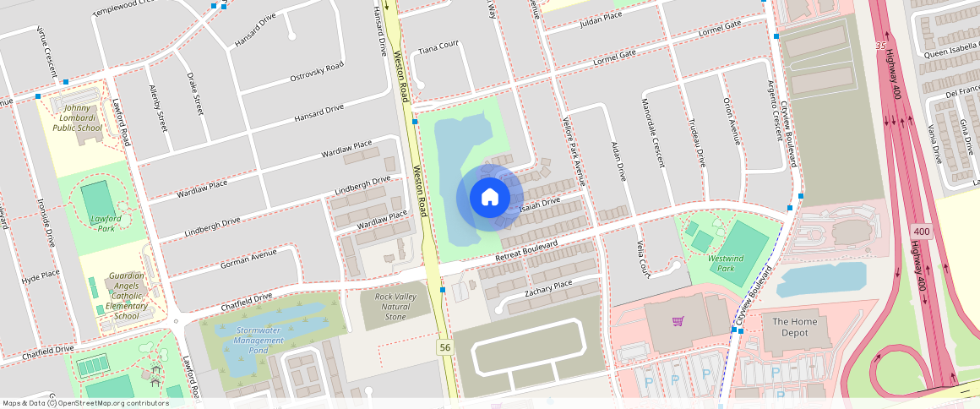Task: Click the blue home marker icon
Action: click(489, 197)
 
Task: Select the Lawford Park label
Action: click(106, 223)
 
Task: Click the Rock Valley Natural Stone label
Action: click(395, 306)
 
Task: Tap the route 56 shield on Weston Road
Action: click(444, 347)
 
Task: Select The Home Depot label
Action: click(790, 327)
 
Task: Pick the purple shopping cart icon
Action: click(677, 320)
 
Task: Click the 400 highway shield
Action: click(921, 231)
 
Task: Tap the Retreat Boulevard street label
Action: click(527, 251)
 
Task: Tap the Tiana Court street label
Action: click(438, 45)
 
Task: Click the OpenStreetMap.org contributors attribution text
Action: click(113, 403)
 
